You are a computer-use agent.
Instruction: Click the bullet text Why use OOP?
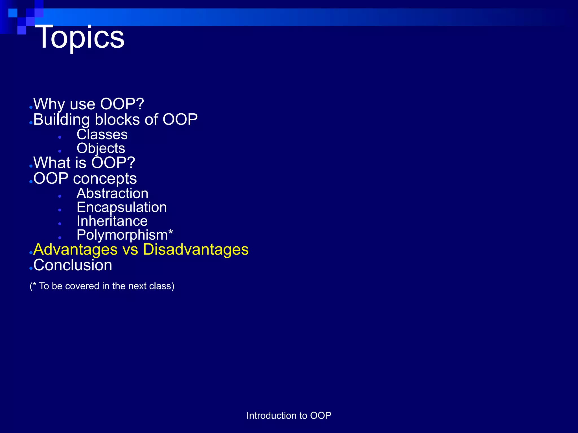coord(89,104)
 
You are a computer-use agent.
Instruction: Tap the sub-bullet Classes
coord(102,134)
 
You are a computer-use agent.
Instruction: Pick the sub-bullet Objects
coord(101,149)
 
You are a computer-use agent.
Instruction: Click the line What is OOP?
coord(84,163)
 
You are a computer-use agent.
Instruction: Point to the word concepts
coord(105,179)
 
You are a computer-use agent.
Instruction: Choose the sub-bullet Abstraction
coord(112,194)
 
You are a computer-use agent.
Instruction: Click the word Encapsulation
coord(122,207)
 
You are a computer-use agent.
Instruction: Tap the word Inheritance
coord(112,221)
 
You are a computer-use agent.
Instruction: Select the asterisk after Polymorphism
coord(170,233)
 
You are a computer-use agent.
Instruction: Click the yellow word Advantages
coord(75,250)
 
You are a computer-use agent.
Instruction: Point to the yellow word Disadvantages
coord(196,250)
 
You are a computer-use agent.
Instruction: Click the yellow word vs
coord(130,250)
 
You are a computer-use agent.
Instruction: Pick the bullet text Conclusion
coord(73,265)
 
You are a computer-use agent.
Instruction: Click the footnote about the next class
coord(102,286)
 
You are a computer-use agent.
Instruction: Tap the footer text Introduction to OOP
coord(289,416)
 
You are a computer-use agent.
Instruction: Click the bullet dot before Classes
coord(60,137)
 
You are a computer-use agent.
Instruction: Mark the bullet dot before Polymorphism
coord(60,238)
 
